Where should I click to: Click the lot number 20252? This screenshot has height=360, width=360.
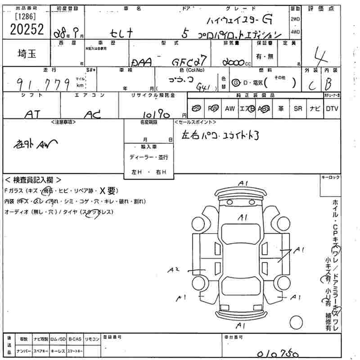26,30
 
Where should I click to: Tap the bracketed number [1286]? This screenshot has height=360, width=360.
26,16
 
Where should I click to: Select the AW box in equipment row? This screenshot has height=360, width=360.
229,109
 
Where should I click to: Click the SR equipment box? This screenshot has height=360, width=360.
298,109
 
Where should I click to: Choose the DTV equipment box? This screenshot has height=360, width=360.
332,109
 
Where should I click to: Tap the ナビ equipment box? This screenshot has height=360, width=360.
315,109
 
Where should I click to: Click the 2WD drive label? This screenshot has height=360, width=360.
295,19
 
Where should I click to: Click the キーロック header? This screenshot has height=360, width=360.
330,179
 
